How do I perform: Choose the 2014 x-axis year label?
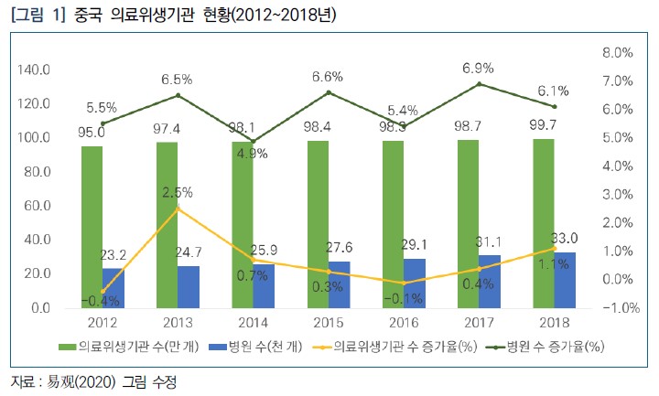click(254, 323)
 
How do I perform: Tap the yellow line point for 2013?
click(178, 209)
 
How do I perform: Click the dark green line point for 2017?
click(479, 84)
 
